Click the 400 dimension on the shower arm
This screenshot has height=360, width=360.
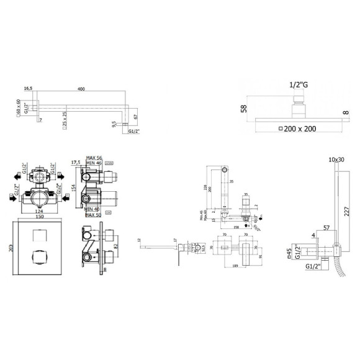coord(80,91)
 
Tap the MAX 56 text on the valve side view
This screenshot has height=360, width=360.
coord(94,159)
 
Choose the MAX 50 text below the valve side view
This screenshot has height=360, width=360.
coord(93,215)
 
